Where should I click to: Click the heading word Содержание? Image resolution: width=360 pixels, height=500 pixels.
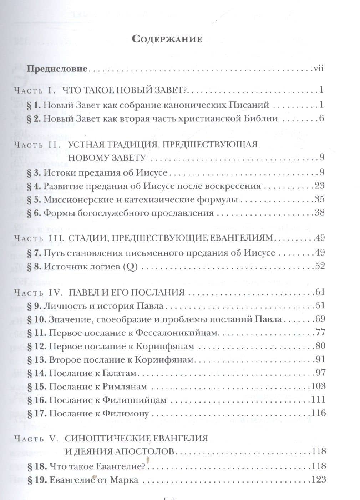[167, 39]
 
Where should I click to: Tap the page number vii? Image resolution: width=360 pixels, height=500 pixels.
[318, 68]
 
